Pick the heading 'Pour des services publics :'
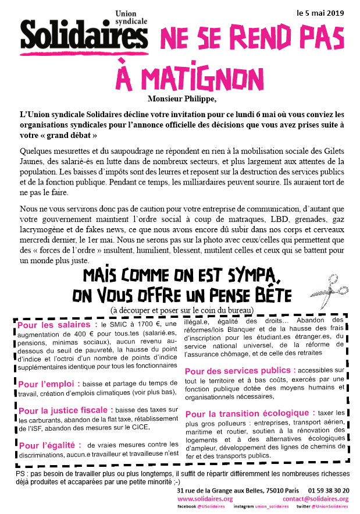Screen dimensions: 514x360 point(240,370)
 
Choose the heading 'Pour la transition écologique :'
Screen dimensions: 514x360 point(251,413)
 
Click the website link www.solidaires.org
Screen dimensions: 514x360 point(205,499)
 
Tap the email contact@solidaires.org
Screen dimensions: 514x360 point(315,499)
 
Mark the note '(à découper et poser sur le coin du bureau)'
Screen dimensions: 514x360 point(182,308)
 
